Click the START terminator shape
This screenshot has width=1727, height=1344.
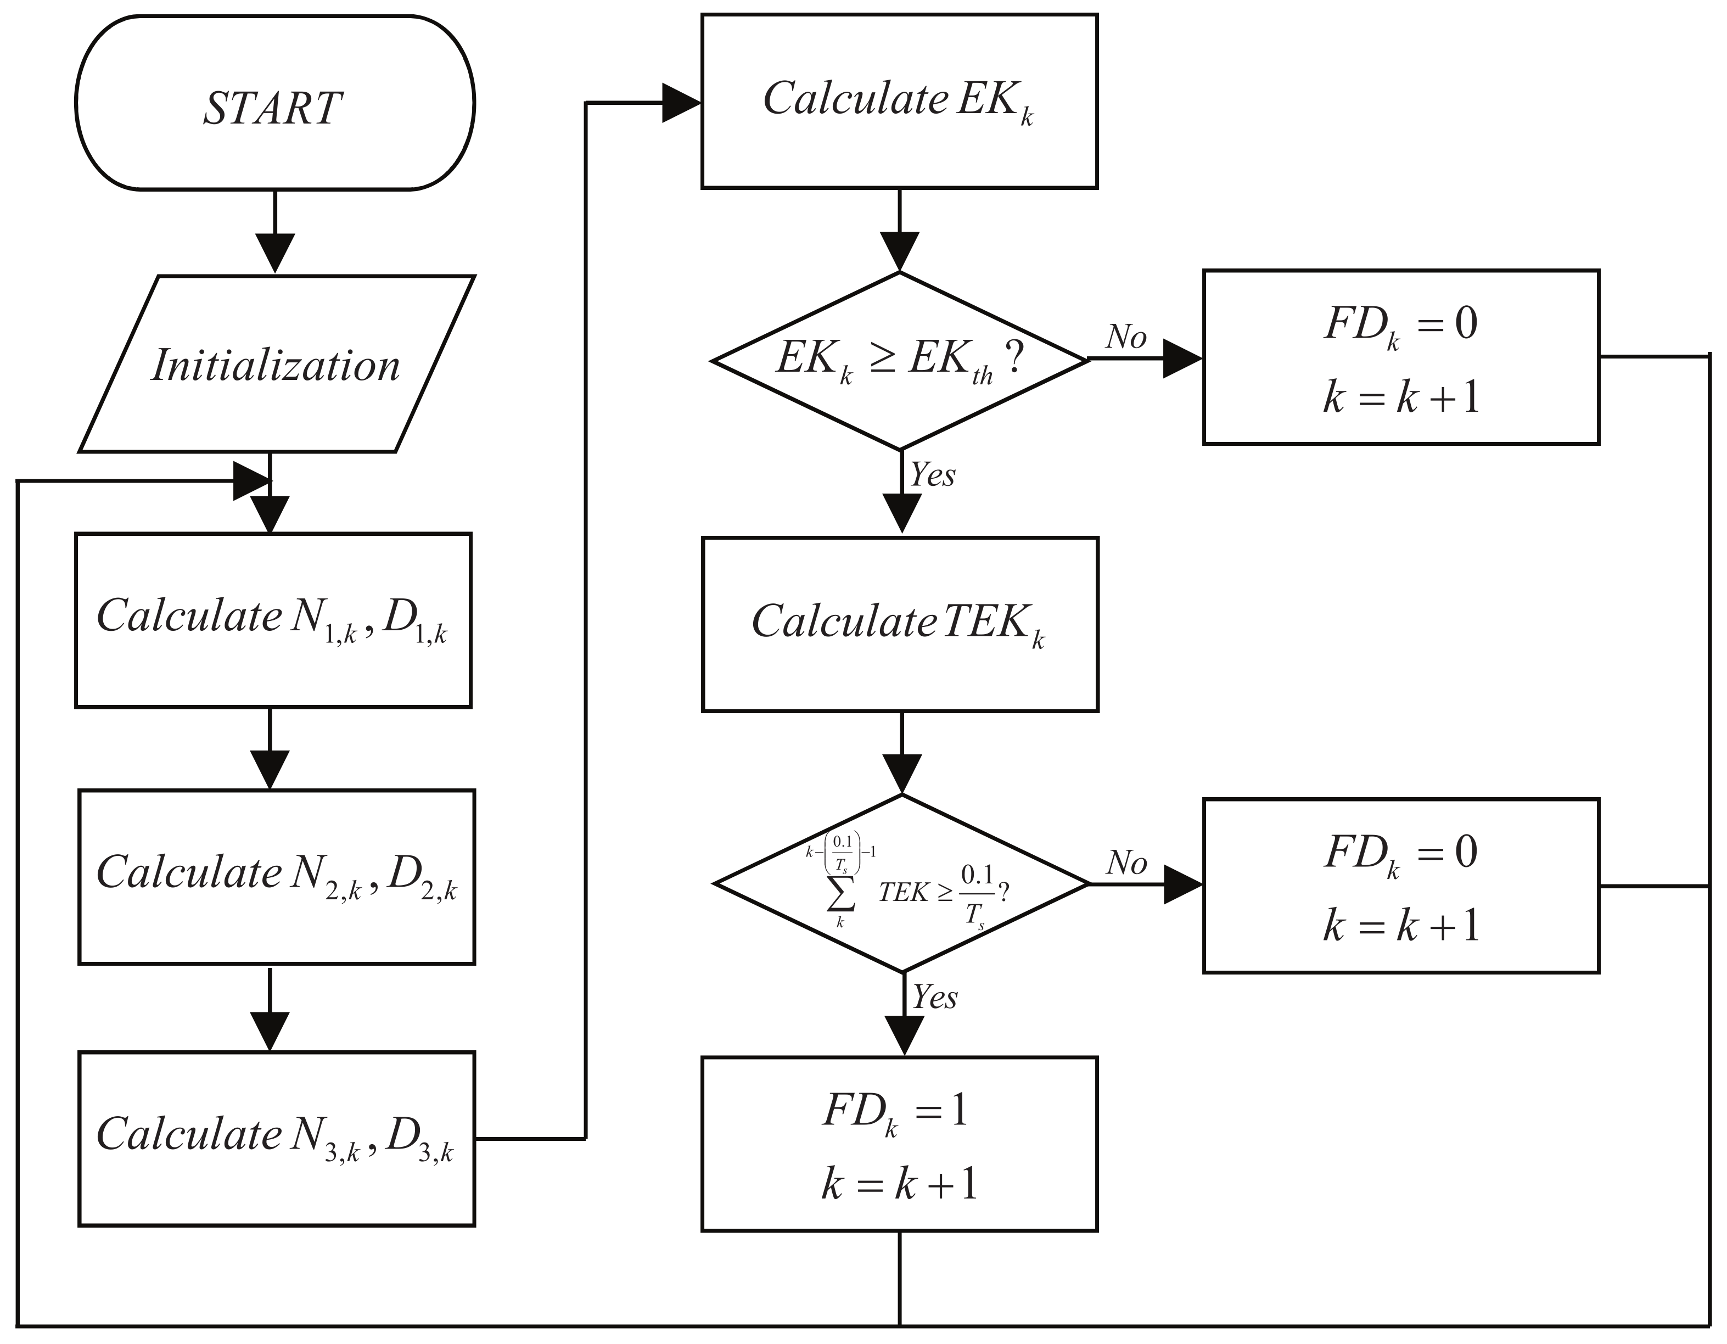click(274, 103)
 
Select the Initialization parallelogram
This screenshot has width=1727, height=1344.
click(276, 365)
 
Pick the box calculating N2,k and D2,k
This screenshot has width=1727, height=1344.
click(276, 876)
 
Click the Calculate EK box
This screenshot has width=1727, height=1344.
click(899, 101)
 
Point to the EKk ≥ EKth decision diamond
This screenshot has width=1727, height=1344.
click(900, 361)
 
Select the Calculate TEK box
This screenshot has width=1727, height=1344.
click(900, 624)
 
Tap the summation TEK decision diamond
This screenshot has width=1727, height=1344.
click(901, 883)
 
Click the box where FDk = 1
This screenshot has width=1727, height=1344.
click(899, 1144)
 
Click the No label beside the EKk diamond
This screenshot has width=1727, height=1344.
click(1126, 338)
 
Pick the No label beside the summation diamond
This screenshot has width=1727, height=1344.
click(1126, 863)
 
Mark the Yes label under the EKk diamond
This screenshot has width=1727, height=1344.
click(932, 475)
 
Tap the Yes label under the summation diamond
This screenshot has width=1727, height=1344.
click(935, 998)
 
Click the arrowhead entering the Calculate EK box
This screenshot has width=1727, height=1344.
click(681, 103)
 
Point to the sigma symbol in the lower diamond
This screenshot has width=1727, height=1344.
click(840, 893)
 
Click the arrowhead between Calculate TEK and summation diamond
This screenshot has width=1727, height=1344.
click(901, 774)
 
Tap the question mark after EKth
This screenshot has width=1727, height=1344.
click(1014, 357)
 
